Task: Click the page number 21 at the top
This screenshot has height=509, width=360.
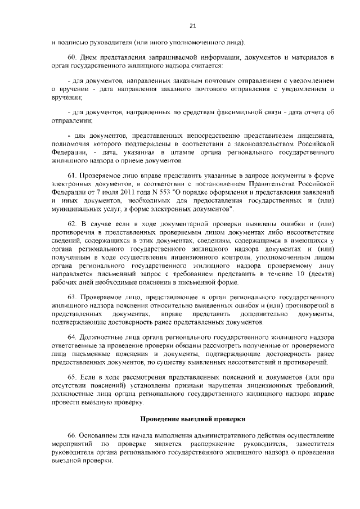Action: (x=192, y=25)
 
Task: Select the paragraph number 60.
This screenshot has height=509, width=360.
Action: (x=71, y=58)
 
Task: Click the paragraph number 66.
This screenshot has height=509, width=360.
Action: (x=71, y=436)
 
